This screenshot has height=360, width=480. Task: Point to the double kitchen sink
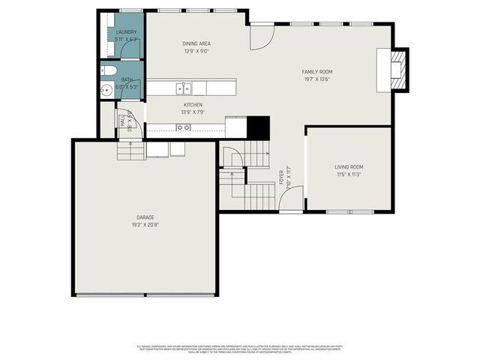point(182,88)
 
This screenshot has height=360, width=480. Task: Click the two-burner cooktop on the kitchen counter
point(183,127)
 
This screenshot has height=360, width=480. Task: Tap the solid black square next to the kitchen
point(258,127)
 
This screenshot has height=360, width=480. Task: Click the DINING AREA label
point(196,43)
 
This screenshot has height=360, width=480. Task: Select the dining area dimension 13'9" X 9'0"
point(196,51)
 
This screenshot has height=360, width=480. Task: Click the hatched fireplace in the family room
point(400,69)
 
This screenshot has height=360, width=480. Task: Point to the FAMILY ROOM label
point(317,72)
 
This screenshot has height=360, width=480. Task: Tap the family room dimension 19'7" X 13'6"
point(317,79)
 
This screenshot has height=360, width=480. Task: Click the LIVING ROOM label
point(349,166)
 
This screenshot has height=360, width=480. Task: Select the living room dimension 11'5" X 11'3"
point(349,174)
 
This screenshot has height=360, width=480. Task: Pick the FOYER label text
point(282,178)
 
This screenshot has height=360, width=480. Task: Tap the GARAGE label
point(145,217)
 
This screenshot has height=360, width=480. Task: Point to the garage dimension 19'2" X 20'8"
point(145,224)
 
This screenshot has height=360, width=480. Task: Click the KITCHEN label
point(193,105)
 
